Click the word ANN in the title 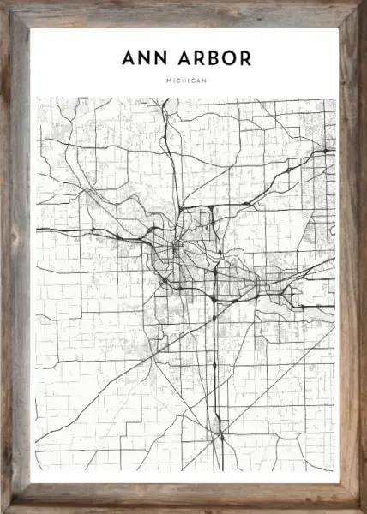(x=145, y=59)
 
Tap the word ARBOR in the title (x=214, y=59)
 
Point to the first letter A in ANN (x=129, y=59)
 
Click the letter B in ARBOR (x=214, y=59)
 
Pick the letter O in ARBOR (x=230, y=59)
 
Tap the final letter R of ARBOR (x=246, y=59)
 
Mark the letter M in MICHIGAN (x=169, y=81)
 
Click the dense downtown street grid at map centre (x=177, y=249)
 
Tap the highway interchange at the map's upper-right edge (x=324, y=152)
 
